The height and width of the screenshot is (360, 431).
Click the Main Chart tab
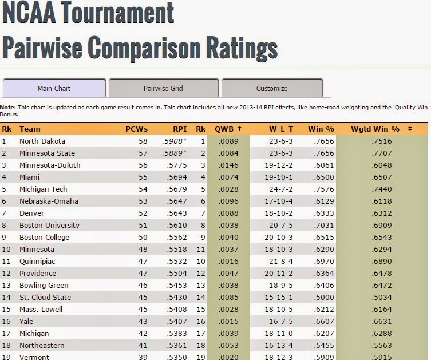pyautogui.click(x=54, y=88)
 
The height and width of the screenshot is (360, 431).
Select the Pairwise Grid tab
pyautogui.click(x=163, y=88)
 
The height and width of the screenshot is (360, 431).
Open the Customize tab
pyautogui.click(x=272, y=88)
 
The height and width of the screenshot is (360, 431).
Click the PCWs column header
pyautogui.click(x=136, y=129)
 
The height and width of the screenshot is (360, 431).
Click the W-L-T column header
pyautogui.click(x=281, y=129)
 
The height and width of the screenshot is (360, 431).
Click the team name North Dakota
pyautogui.click(x=42, y=141)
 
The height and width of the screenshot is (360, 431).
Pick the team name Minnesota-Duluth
pyautogui.click(x=50, y=165)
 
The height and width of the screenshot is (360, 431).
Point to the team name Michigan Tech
pyautogui.click(x=43, y=189)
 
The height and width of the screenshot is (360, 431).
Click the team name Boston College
pyautogui.click(x=44, y=237)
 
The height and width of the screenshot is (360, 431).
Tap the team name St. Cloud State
pyautogui.click(x=45, y=297)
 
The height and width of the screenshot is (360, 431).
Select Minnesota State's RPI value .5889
pyautogui.click(x=174, y=153)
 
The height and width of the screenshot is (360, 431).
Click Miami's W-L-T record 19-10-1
pyautogui.click(x=280, y=177)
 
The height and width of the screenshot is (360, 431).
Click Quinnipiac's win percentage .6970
pyautogui.click(x=323, y=261)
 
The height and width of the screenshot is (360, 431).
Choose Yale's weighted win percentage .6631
pyautogui.click(x=381, y=321)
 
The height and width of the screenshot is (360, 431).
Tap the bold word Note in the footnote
pyautogui.click(x=7, y=107)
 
